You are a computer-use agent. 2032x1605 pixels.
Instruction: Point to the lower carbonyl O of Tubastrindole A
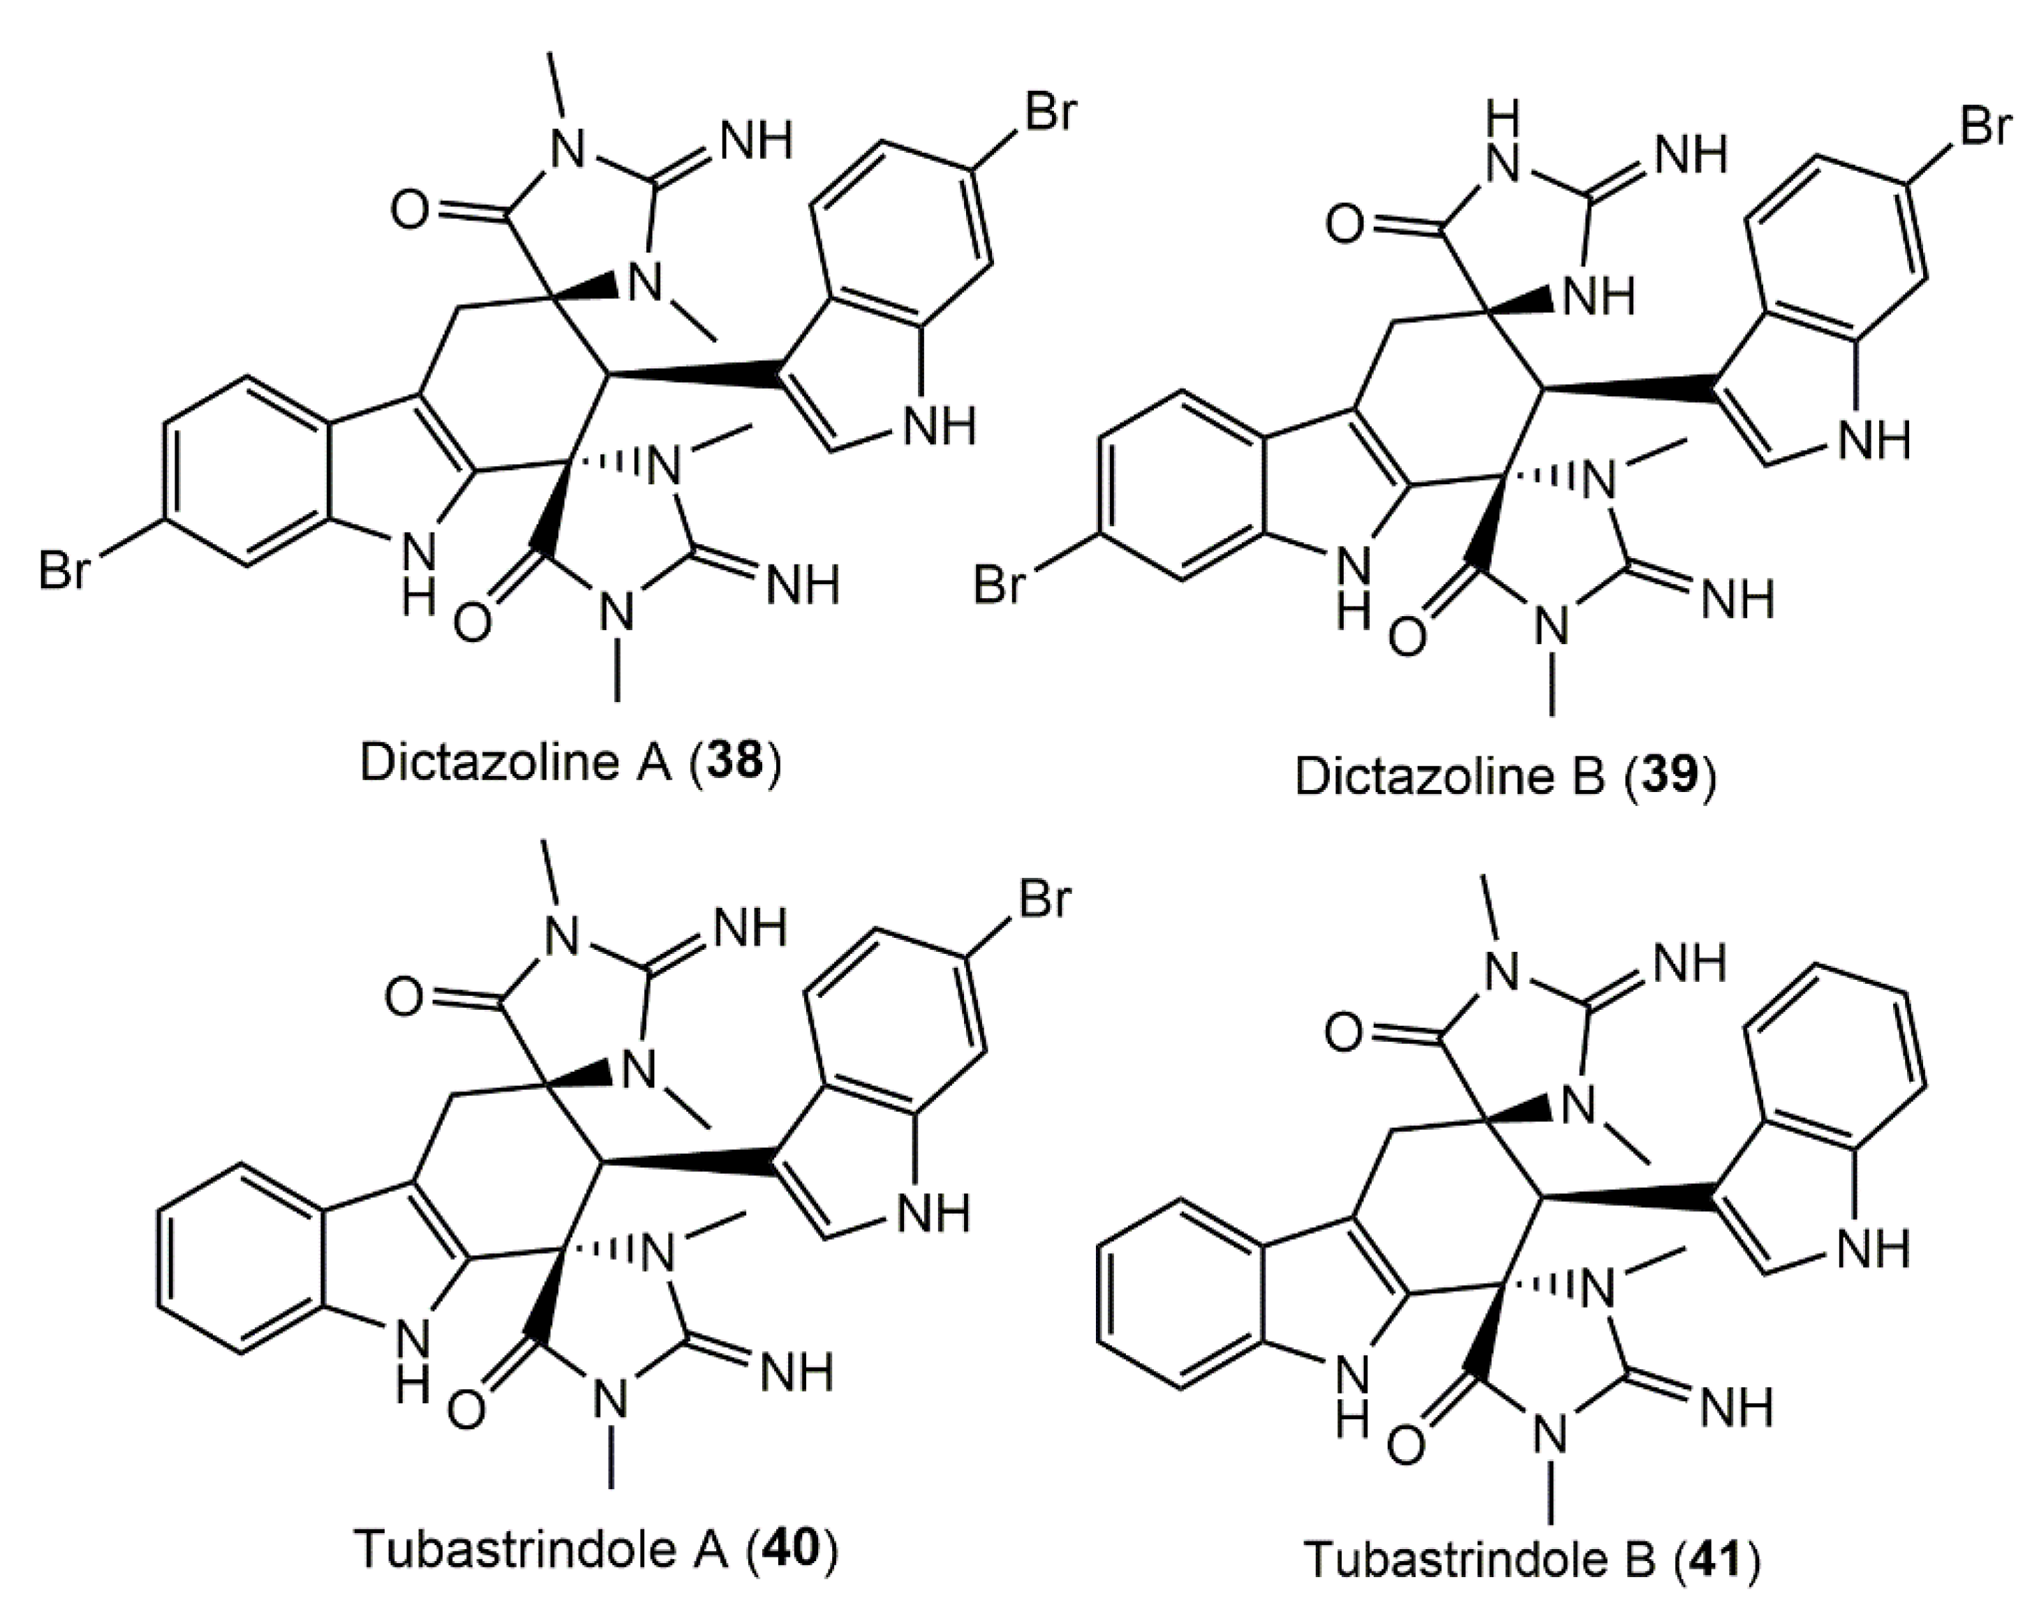pos(467,1410)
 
